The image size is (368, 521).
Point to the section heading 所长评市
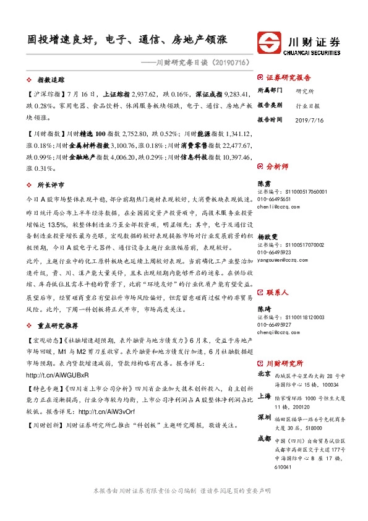[x=51, y=184]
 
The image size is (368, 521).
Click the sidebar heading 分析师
[x=276, y=166]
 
